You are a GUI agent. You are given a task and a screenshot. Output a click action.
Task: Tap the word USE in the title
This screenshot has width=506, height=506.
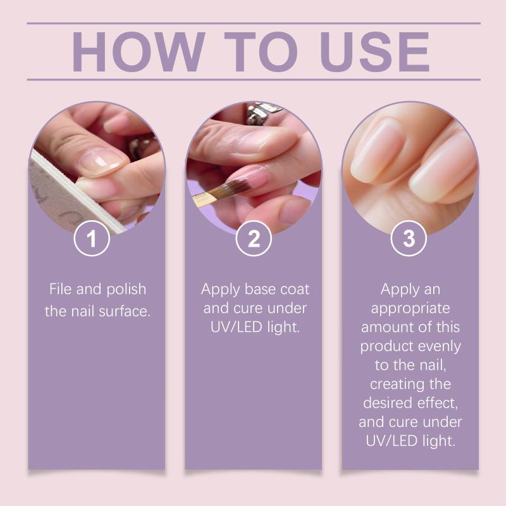click(x=374, y=52)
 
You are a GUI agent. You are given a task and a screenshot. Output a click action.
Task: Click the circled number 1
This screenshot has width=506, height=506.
click(x=92, y=238)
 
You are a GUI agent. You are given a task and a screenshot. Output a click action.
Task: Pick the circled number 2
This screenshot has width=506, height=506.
click(x=254, y=238)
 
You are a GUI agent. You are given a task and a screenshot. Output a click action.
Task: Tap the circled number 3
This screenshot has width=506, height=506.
click(x=409, y=238)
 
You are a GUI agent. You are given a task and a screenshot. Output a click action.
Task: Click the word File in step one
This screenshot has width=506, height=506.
click(x=60, y=289)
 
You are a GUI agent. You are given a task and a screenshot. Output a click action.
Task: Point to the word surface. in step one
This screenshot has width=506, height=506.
click(x=125, y=311)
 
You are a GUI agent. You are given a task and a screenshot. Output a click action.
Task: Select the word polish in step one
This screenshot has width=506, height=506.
click(x=126, y=290)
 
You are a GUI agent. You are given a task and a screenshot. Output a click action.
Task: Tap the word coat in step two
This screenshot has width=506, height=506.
click(x=295, y=290)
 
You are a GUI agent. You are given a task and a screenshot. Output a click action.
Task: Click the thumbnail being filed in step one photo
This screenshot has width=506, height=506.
click(x=99, y=162)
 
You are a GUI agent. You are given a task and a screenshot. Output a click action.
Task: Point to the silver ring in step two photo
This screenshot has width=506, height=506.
click(x=261, y=113)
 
